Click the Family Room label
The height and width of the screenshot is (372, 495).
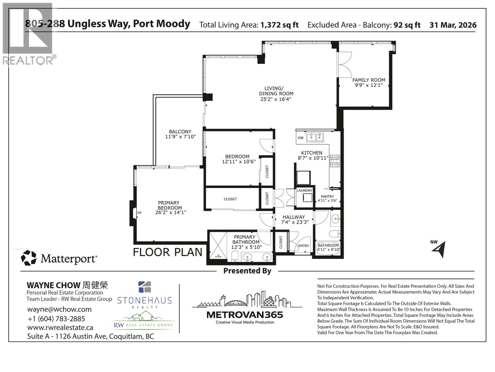(x=368, y=80)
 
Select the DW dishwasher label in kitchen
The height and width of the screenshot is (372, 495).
(x=300, y=138)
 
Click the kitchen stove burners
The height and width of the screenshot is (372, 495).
(x=335, y=161)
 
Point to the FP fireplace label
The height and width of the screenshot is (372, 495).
(x=140, y=213)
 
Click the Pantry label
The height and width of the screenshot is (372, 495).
(x=327, y=197)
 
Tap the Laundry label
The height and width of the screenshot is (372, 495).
(x=304, y=190)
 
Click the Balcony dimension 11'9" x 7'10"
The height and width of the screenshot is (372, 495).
(x=180, y=137)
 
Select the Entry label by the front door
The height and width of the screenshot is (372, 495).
(x=303, y=246)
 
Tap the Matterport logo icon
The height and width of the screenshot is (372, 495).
(x=28, y=258)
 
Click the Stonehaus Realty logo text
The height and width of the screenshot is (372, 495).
(x=144, y=300)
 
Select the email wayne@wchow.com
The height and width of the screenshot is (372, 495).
(x=59, y=309)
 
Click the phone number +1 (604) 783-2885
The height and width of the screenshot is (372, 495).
(x=56, y=319)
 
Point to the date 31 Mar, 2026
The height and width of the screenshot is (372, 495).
(x=453, y=25)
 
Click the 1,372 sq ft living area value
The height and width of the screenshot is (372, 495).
(x=279, y=25)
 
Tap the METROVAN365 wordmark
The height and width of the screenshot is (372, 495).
(x=244, y=315)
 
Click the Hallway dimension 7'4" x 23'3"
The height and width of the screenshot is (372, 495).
(x=295, y=222)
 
